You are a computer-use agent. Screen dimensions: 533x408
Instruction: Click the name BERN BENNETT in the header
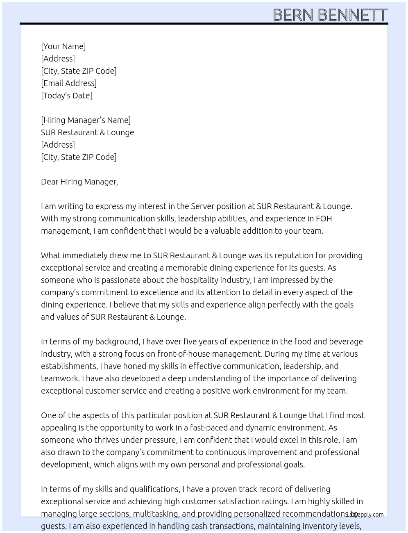[330, 15]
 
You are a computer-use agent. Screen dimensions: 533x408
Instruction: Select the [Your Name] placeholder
[63, 46]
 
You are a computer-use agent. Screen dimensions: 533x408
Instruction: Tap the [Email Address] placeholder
[69, 83]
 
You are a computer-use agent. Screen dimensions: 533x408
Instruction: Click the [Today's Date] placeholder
[66, 96]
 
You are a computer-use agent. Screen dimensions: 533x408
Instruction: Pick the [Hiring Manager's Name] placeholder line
[86, 120]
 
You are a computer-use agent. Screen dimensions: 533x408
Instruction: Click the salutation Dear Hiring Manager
[79, 182]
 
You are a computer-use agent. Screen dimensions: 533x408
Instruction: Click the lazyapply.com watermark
[365, 515]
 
